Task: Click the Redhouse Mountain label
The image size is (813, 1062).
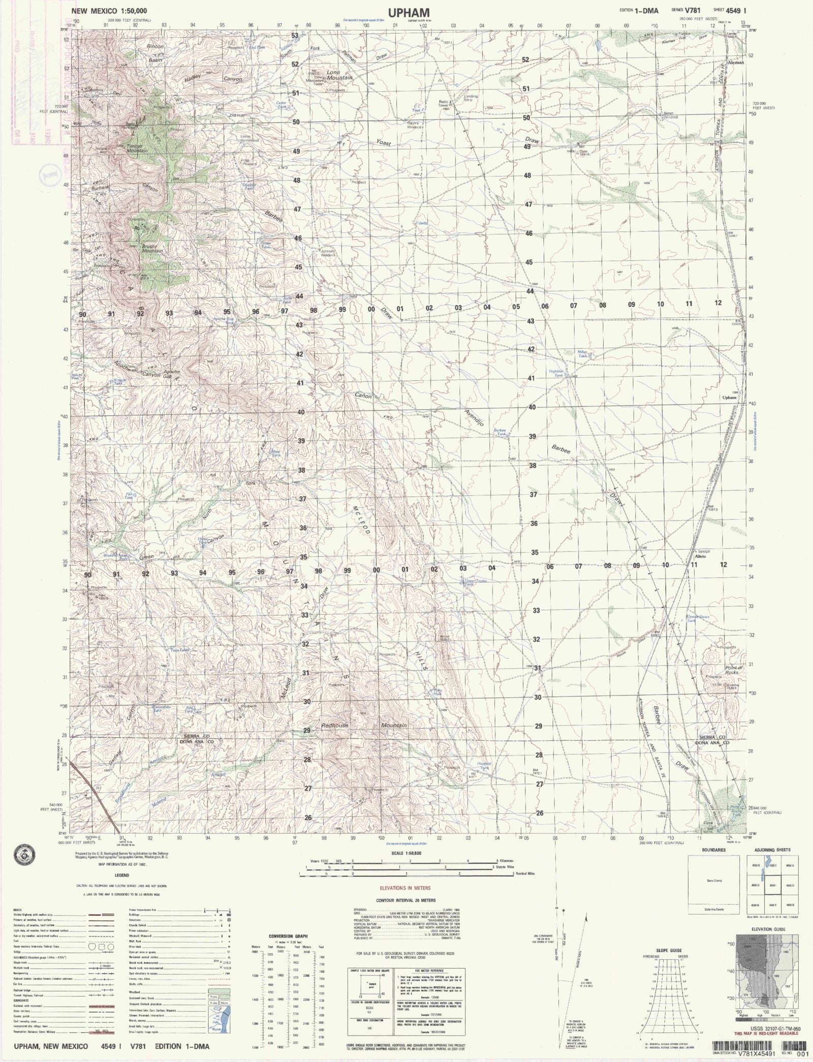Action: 363,725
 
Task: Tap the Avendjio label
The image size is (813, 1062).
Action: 475,417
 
